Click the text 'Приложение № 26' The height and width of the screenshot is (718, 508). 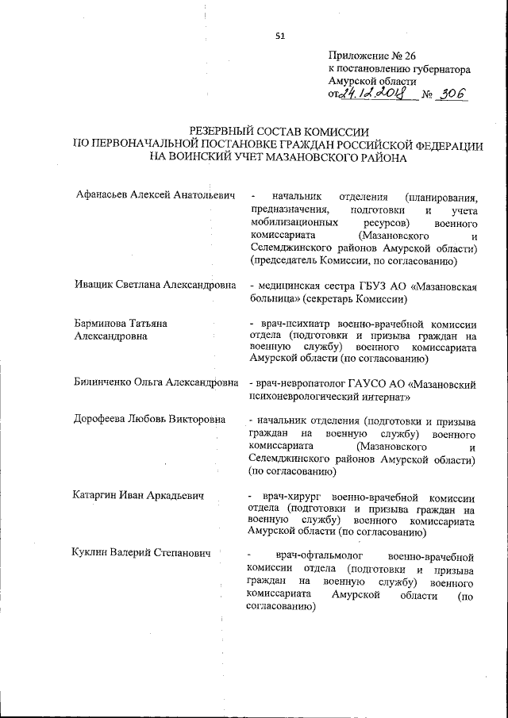click(371, 56)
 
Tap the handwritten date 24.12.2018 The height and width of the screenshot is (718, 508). click(372, 94)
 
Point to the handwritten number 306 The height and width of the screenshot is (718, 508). click(451, 94)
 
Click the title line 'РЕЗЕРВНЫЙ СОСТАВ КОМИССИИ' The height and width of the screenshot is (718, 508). click(279, 131)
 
